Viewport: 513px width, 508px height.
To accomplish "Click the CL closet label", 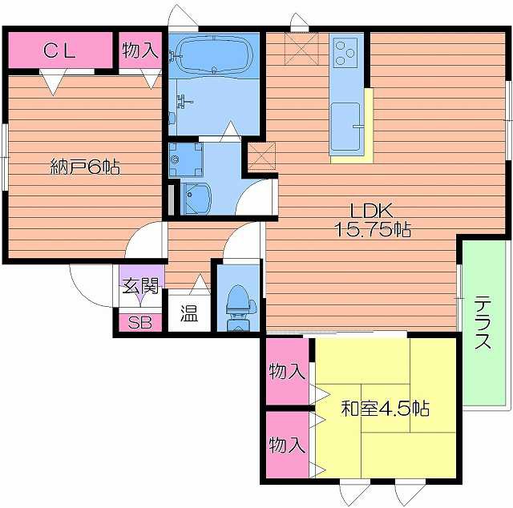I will [x=59, y=51].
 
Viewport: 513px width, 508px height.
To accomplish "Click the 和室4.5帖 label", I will [x=385, y=409].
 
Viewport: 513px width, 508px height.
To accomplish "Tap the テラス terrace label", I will [x=483, y=323].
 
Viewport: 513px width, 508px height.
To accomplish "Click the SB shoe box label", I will [x=139, y=323].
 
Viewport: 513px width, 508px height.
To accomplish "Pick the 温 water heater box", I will [x=188, y=312].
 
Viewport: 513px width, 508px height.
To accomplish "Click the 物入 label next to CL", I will [x=140, y=50].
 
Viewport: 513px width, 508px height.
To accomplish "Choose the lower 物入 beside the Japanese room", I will [x=286, y=445].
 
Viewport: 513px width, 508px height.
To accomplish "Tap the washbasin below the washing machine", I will [x=196, y=197].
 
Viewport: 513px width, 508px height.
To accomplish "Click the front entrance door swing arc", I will [x=88, y=284].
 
